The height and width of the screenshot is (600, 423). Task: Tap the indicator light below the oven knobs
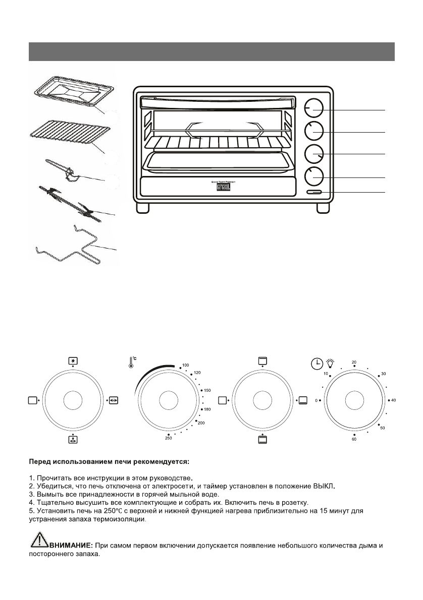[313, 193]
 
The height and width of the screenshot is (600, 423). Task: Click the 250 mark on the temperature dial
[168, 438]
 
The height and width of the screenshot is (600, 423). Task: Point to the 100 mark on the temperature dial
[185, 365]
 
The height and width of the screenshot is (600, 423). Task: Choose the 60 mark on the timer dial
[354, 440]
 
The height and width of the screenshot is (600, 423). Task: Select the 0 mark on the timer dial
[316, 400]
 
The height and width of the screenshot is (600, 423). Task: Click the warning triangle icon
[36, 544]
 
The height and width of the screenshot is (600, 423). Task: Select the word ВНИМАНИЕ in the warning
[68, 546]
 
